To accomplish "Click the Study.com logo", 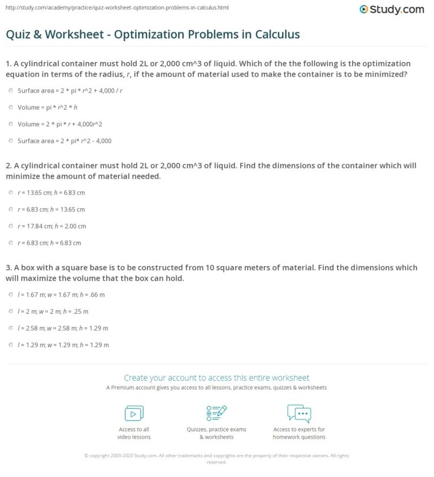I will [392, 10].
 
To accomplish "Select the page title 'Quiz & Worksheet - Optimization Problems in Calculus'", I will [153, 34].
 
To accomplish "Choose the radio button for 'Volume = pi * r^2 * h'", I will [11, 107].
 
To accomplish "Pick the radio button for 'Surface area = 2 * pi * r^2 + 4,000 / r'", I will [11, 90].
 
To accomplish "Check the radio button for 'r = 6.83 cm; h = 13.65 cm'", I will [11, 209].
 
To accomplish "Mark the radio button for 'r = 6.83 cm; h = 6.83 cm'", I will [11, 243].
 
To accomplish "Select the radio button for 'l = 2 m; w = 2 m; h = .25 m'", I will [11, 311].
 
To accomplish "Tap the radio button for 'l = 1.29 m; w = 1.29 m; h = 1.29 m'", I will [11, 345].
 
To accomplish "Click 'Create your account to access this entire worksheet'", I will [216, 378].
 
